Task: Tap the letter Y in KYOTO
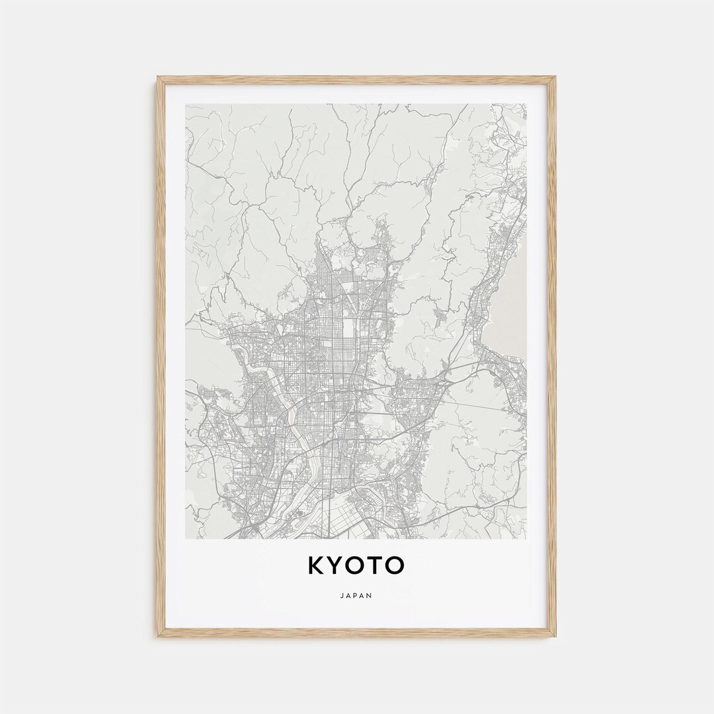[337, 565]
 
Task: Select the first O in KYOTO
[358, 565]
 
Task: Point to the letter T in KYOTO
[378, 565]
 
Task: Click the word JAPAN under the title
[357, 595]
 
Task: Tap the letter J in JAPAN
[344, 595]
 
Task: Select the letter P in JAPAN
[357, 595]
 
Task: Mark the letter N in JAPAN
[370, 595]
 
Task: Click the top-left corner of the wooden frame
[158, 77]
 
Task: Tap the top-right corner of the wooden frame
[555, 77]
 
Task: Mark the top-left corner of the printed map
[186, 104]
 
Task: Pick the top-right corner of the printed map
[527, 104]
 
